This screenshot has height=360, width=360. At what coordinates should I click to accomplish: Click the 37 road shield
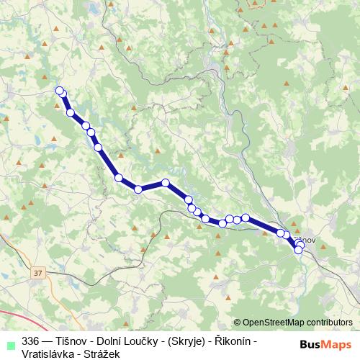[x=38, y=273]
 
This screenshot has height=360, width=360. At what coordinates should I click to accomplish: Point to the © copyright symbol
[x=238, y=323]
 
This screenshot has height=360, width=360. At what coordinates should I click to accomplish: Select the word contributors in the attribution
[x=328, y=323]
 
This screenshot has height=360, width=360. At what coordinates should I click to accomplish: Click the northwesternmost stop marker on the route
[x=60, y=90]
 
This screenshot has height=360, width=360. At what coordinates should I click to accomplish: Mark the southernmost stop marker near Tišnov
[x=298, y=250]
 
